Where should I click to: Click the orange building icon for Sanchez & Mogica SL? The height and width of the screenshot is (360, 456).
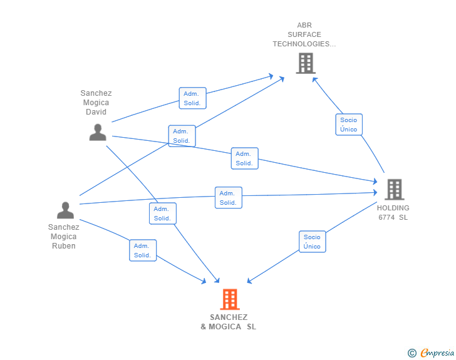coord(230,299)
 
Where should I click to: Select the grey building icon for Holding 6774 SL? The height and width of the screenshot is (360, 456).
coord(395,189)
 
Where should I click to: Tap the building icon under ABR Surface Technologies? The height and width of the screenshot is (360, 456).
coord(306,63)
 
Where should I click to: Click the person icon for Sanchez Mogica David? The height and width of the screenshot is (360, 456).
coord(98,132)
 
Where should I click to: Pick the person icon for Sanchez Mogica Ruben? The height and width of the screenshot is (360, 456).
coord(65,210)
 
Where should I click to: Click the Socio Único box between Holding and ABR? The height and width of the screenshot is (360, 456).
coord(349,125)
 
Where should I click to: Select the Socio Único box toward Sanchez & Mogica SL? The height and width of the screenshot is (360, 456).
coord(313,242)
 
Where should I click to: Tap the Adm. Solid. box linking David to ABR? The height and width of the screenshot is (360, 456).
coord(192,98)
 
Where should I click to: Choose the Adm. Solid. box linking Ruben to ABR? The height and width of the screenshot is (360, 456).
coord(182,136)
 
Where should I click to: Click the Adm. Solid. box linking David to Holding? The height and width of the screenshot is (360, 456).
coord(244,158)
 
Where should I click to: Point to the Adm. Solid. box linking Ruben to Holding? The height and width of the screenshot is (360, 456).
coord(229,198)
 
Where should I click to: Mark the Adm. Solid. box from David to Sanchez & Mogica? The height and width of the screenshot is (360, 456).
coord(163,213)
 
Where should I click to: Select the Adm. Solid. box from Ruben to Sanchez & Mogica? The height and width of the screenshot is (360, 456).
coord(143,250)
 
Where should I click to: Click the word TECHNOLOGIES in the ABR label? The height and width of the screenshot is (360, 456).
coord(301,44)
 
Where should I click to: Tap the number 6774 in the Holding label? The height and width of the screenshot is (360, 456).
coord(386,217)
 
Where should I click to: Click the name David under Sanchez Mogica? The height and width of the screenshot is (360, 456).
coord(96,112)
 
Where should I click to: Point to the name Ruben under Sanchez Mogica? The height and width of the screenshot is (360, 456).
coord(64,246)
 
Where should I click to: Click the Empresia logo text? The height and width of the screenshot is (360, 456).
coord(437,352)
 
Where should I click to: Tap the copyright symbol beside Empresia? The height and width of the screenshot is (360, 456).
coord(412,353)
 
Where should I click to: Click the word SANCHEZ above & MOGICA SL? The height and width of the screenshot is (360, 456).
coord(229,317)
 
